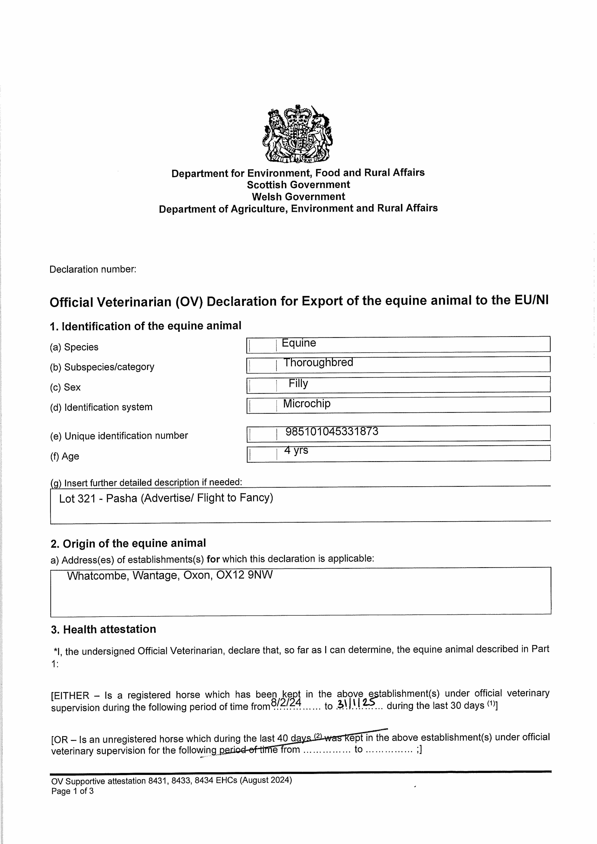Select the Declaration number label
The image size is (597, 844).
[93, 269]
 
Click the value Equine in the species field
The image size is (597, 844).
[299, 343]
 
